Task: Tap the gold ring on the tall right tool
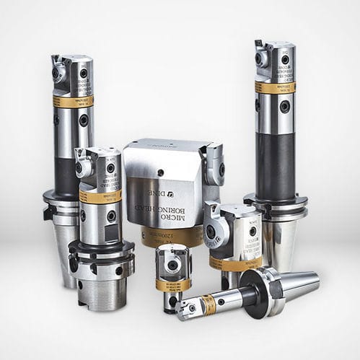click(x=275, y=87)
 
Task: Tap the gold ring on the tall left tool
click(x=72, y=102)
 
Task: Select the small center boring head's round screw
click(x=172, y=265)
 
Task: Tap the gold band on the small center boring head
click(x=173, y=284)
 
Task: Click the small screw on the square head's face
click(x=160, y=172)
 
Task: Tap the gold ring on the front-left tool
click(x=100, y=197)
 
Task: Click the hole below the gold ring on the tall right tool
click(x=284, y=106)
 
